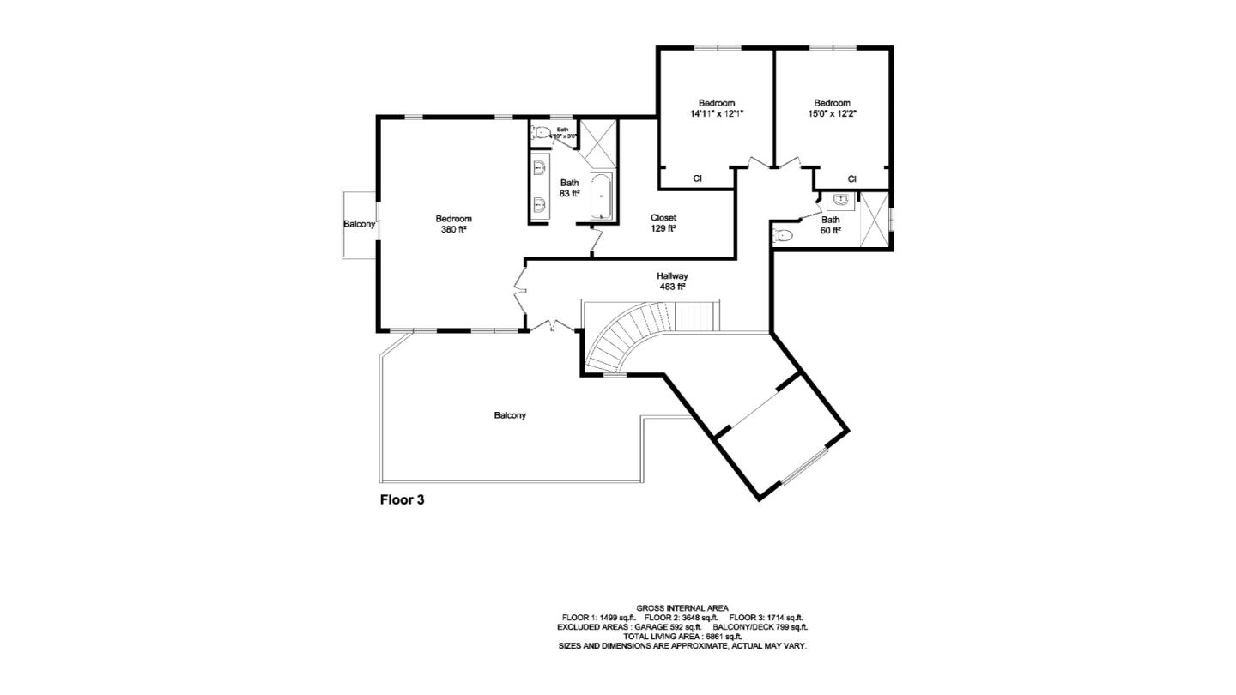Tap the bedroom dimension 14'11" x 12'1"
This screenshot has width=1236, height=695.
point(716,113)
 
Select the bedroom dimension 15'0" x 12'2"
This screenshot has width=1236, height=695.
point(832,113)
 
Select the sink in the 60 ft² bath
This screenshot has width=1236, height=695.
point(840,199)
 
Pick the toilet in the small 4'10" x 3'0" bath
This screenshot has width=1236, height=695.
point(541,132)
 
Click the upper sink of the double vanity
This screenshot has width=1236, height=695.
point(541,167)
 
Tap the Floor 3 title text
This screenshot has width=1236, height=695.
point(402,499)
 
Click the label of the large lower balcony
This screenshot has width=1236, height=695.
point(510,415)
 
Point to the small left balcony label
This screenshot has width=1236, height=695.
point(359,224)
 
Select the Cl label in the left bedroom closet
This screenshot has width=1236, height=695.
point(698,178)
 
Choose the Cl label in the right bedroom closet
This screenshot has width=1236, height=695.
point(852,178)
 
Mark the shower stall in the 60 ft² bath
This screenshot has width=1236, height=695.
point(875,221)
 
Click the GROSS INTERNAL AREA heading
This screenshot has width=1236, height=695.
point(682,607)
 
